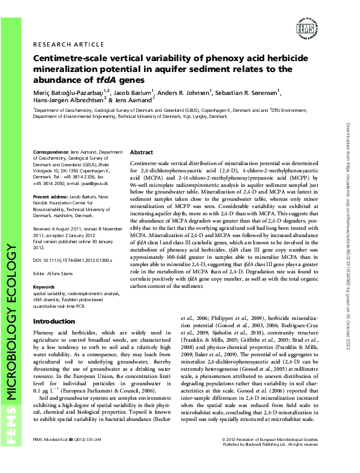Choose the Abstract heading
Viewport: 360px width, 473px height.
142,152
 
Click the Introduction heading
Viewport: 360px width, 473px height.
54,321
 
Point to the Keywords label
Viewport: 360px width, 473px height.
44,287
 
